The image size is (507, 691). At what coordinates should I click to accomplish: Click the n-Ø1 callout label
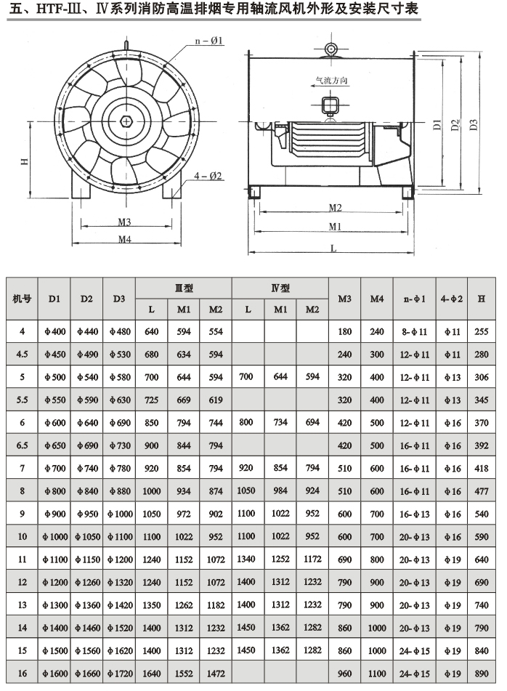[x=209, y=41]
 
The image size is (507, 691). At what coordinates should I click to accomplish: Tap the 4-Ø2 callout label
[x=208, y=176]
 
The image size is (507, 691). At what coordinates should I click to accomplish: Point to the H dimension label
[x=25, y=161]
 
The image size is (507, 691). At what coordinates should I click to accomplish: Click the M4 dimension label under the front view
[x=125, y=239]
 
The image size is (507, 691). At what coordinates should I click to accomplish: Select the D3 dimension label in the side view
[x=474, y=125]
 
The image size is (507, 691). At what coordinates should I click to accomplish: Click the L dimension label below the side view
[x=333, y=248]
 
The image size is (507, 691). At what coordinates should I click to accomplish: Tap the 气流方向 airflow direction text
[x=332, y=80]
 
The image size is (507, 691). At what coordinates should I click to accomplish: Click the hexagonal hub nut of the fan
[x=126, y=121]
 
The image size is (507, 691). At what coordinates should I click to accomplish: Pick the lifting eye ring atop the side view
[x=331, y=49]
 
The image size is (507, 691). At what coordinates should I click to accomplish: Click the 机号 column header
[x=22, y=299]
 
